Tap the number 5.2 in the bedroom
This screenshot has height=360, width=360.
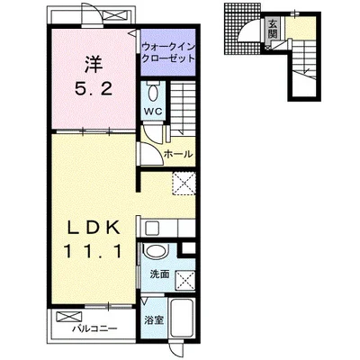click(94, 89)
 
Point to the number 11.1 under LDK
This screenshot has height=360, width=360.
click(94, 251)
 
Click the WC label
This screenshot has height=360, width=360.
click(153, 112)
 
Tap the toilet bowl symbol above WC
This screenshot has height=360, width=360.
click(153, 92)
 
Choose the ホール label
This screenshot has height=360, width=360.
click(178, 154)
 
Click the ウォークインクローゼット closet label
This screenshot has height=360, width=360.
click(168, 53)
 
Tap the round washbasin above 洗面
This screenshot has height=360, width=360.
click(155, 251)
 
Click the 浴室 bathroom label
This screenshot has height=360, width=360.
click(154, 320)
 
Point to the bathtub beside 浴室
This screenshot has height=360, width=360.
click(182, 319)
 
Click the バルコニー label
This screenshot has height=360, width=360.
click(94, 328)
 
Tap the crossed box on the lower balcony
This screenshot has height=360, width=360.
click(69, 317)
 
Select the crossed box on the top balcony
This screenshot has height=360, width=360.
click(116, 15)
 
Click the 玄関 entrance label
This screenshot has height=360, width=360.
click(273, 29)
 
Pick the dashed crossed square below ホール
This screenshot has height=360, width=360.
click(184, 184)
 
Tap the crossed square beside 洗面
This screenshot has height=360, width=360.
click(185, 281)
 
